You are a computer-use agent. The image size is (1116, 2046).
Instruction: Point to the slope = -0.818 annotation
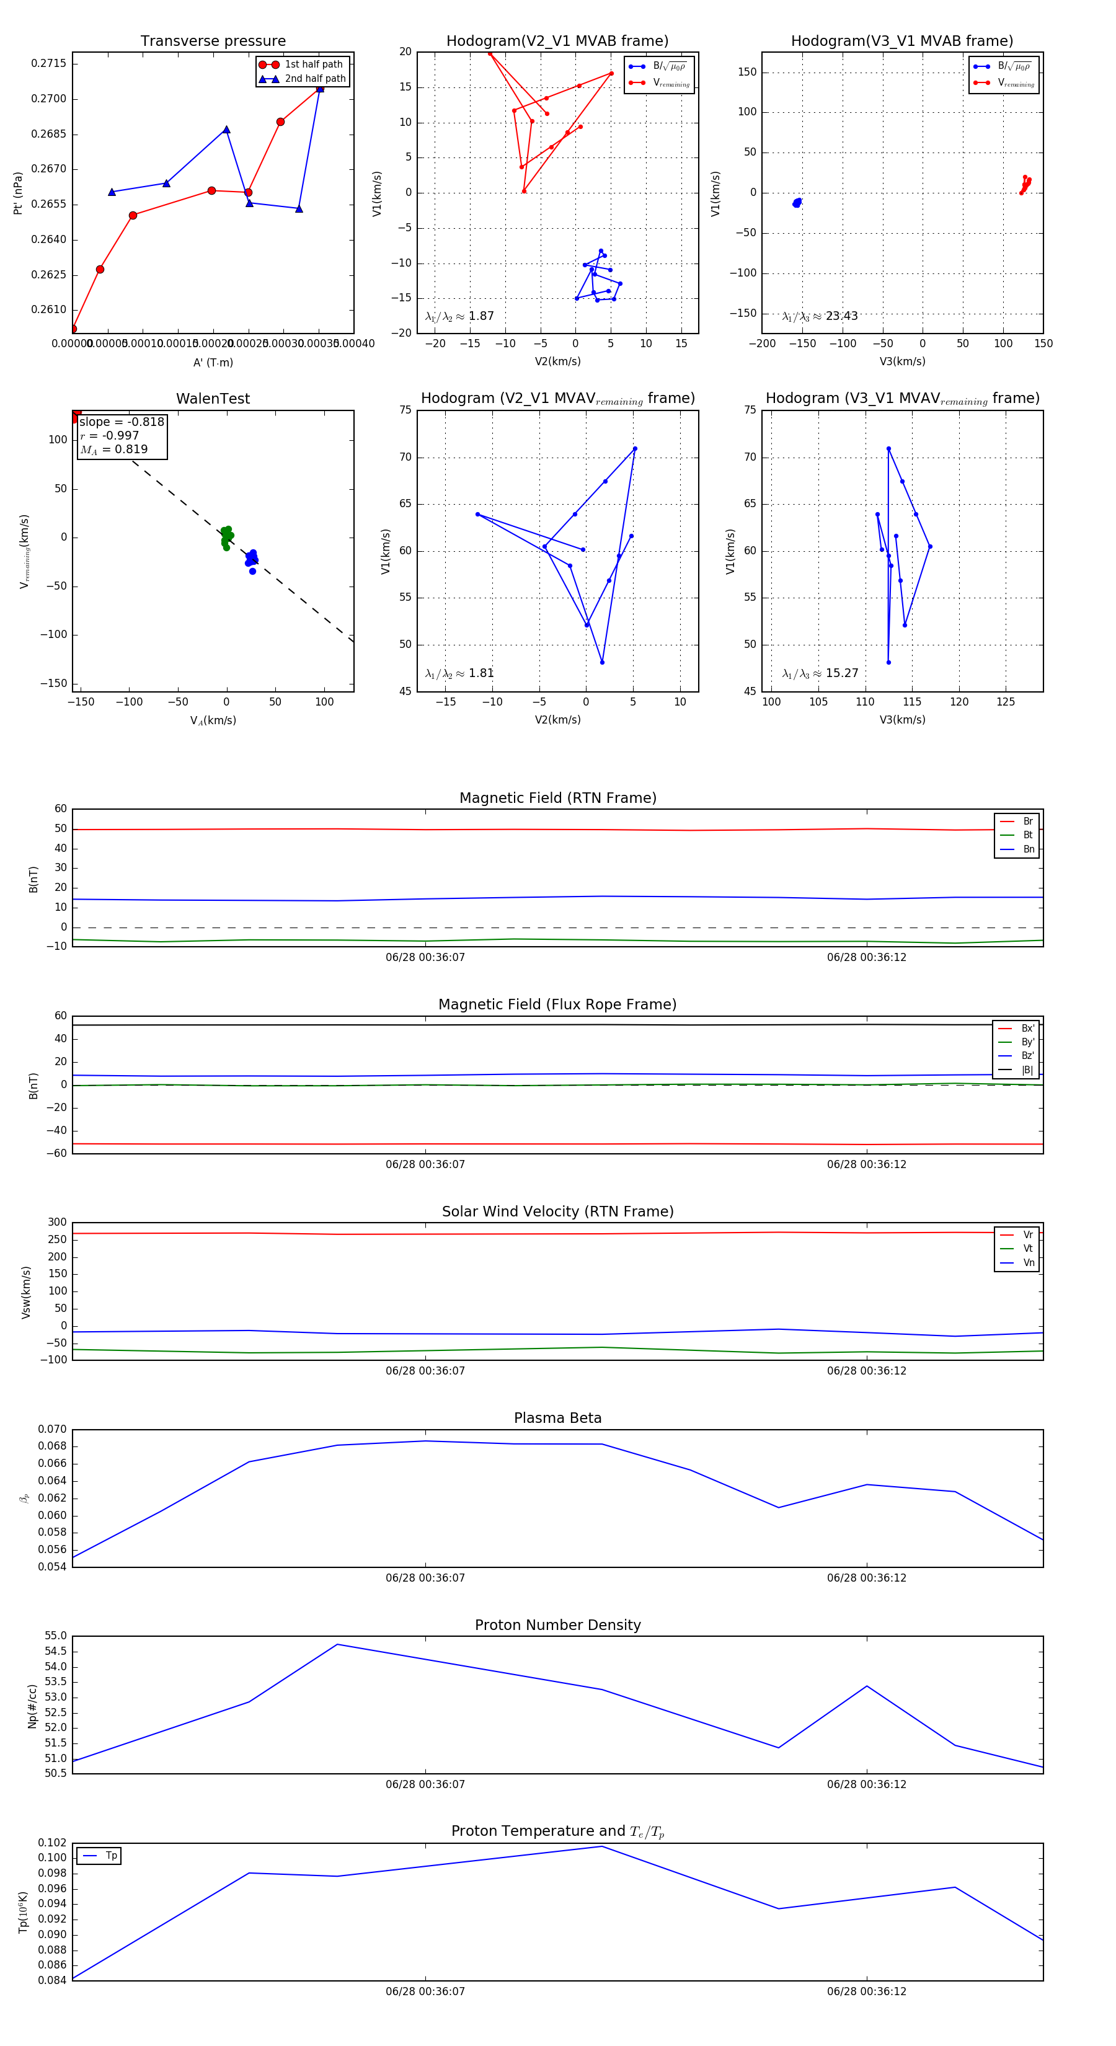point(122,422)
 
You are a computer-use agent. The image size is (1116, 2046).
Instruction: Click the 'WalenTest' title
point(213,399)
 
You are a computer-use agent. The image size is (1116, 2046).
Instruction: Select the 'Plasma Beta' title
point(557,1418)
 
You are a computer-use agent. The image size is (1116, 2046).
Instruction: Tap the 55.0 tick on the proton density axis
point(56,1636)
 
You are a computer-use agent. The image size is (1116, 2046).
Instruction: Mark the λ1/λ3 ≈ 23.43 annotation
point(820,316)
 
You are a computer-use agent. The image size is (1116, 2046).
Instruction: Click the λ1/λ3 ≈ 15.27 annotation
point(820,673)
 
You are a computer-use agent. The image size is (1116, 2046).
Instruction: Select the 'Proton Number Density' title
point(557,1625)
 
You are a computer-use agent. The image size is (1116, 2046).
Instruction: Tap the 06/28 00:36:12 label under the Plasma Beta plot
point(866,1578)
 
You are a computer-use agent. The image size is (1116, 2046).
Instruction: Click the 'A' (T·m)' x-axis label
point(213,362)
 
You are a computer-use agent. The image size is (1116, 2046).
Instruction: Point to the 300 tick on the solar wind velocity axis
point(57,1223)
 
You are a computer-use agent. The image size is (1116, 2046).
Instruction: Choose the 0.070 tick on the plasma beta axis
point(53,1429)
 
